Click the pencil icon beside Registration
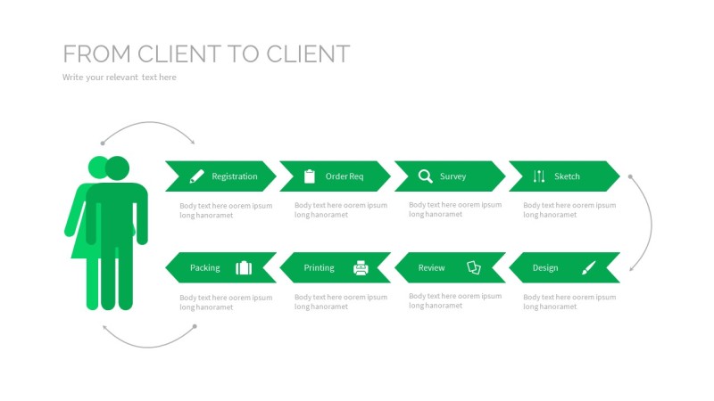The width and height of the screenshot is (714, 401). click(x=197, y=176)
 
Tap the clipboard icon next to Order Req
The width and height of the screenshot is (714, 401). click(x=310, y=176)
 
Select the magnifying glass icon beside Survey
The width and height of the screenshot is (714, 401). click(x=426, y=176)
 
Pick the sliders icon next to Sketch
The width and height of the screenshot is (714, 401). click(x=538, y=176)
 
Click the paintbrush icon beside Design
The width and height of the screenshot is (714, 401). click(x=588, y=267)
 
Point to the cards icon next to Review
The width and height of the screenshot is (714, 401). click(x=474, y=267)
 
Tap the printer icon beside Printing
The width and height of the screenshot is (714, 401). click(x=361, y=267)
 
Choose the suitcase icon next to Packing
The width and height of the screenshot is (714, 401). click(x=244, y=267)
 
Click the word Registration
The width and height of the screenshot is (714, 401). click(x=235, y=176)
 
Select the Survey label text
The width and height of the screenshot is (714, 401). click(x=452, y=176)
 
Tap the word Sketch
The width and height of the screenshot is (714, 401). click(x=567, y=176)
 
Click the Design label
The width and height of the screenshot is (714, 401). click(x=545, y=267)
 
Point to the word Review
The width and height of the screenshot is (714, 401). click(x=431, y=267)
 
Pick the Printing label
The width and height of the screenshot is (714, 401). click(x=319, y=267)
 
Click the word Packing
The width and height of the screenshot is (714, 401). click(x=204, y=267)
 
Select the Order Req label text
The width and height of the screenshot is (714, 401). click(x=345, y=176)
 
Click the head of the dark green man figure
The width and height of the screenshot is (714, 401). click(x=117, y=168)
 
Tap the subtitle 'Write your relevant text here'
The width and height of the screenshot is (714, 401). click(x=120, y=78)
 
